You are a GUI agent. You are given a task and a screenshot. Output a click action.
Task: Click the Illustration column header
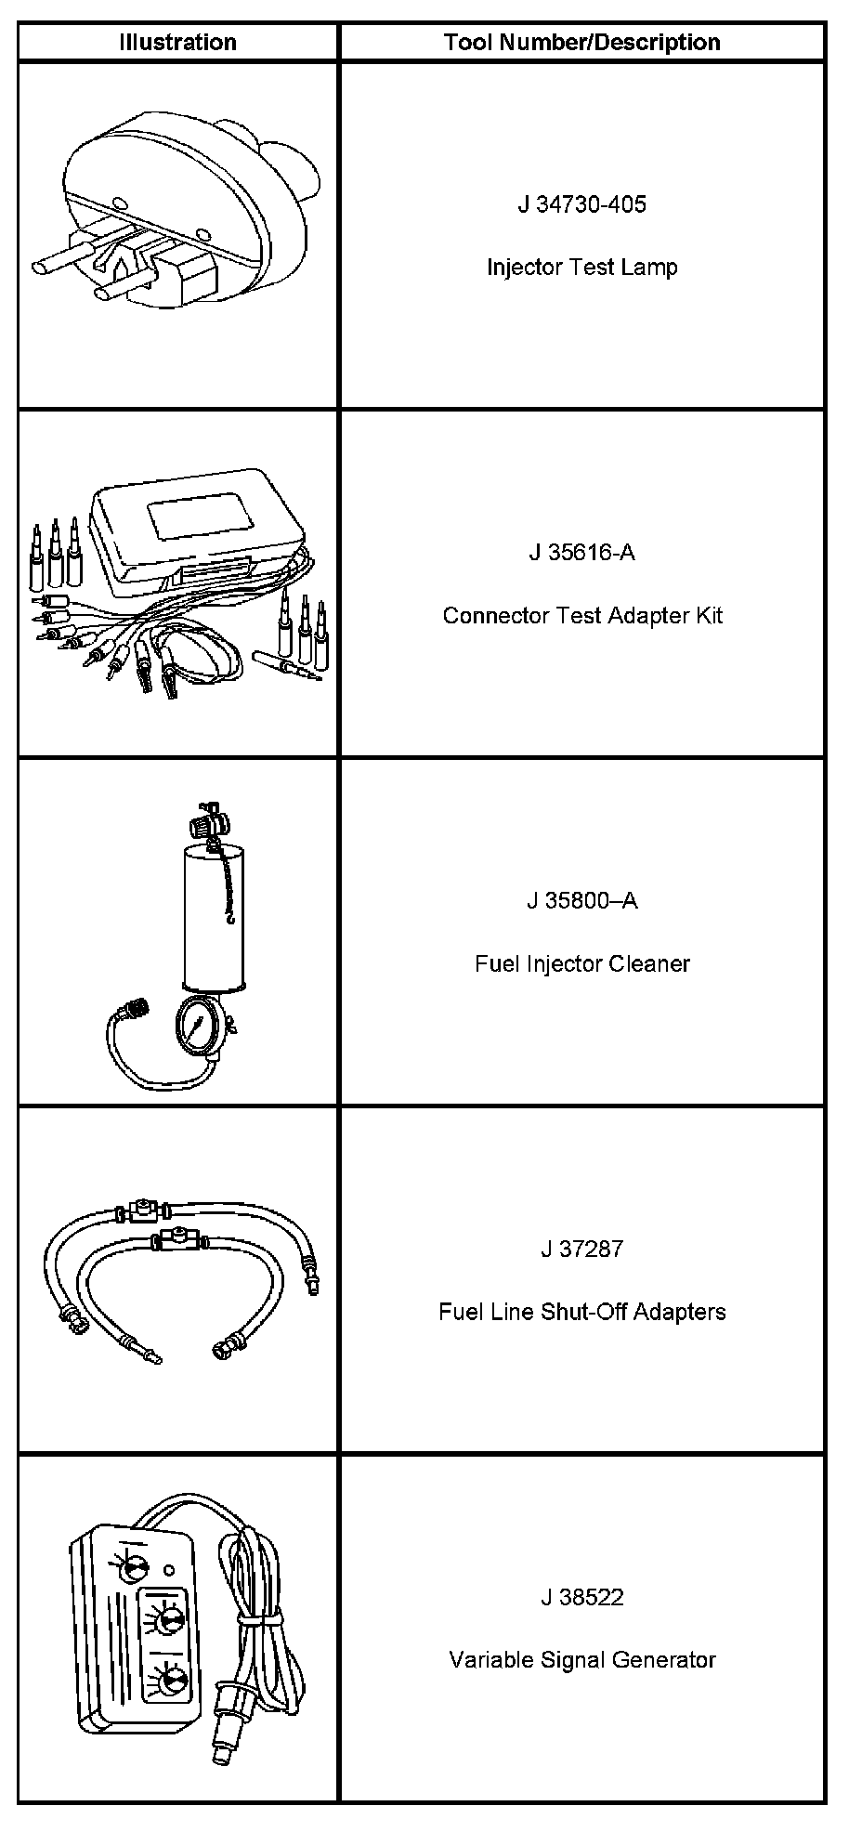(x=177, y=43)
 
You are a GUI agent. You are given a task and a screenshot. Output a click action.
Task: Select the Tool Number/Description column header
(x=581, y=43)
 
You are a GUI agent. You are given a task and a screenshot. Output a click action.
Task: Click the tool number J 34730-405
(x=581, y=204)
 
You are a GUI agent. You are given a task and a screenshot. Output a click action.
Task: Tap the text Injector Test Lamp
(x=581, y=268)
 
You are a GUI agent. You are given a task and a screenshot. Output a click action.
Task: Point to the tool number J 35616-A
(x=581, y=553)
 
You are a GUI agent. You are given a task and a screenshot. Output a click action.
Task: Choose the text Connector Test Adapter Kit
(x=581, y=616)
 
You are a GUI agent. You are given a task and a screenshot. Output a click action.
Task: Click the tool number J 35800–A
(x=581, y=901)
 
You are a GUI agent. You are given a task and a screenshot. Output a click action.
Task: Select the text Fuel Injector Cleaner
(x=581, y=964)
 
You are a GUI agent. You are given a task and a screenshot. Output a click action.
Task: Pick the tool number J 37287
(x=581, y=1250)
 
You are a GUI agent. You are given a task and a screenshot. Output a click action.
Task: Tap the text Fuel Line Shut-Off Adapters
(x=581, y=1313)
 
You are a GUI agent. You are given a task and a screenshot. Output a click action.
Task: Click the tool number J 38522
(x=581, y=1598)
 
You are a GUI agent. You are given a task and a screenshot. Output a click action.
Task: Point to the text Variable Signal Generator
(x=581, y=1661)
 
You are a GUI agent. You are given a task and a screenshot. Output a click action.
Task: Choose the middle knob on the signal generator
(x=169, y=1622)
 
